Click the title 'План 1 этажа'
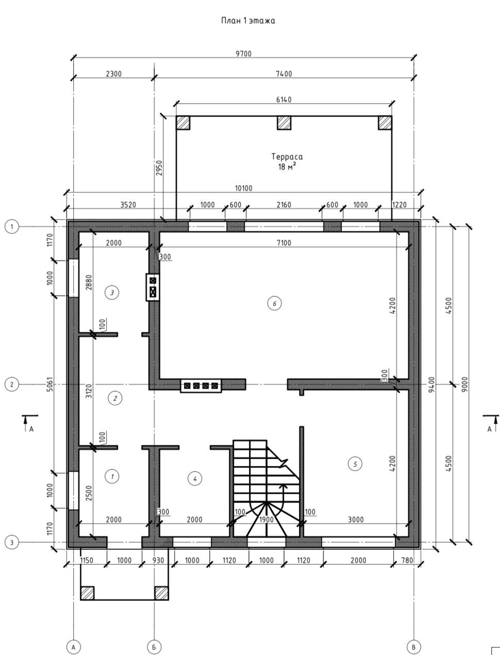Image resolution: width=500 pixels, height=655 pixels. tap(248, 21)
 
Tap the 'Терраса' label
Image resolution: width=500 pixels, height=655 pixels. tap(287, 157)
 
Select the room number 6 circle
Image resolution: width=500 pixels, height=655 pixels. tap(274, 304)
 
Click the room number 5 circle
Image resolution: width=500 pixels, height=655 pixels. tap(355, 464)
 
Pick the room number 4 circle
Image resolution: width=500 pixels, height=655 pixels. tap(194, 479)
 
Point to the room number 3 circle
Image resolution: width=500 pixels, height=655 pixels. tap(112, 293)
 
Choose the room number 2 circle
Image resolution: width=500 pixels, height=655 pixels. tap(115, 398)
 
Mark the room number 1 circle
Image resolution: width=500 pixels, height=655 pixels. tap(112, 477)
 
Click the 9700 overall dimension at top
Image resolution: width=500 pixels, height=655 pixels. tap(243, 54)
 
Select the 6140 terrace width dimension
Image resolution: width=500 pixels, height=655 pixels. tap(284, 99)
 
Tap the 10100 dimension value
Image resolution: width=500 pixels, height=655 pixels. tap(243, 188)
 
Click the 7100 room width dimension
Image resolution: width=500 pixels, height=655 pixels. tap(284, 243)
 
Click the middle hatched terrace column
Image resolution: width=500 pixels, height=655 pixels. tap(284, 123)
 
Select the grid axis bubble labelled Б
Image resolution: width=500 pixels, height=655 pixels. tap(154, 646)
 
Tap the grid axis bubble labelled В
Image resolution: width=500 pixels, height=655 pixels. tap(413, 646)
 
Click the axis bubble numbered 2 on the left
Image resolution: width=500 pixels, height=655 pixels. tap(12, 384)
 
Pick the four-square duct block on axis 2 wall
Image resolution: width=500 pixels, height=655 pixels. tap(201, 385)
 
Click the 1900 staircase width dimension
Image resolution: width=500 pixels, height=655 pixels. tap(266, 519)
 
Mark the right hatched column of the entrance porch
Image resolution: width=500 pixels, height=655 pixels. tap(162, 593)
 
